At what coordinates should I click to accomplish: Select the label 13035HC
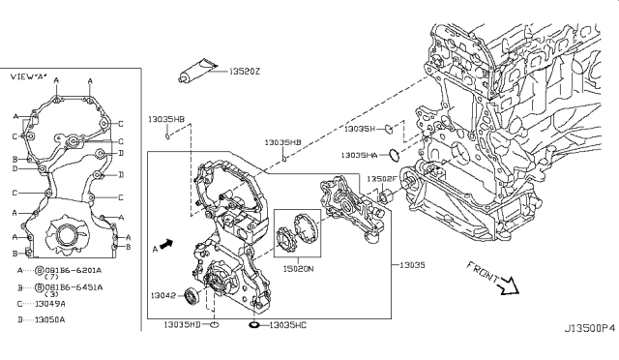click(287, 324)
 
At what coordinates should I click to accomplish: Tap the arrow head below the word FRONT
click(509, 286)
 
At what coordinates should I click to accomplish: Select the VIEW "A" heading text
click(28, 75)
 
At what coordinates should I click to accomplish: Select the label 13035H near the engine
click(359, 128)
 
